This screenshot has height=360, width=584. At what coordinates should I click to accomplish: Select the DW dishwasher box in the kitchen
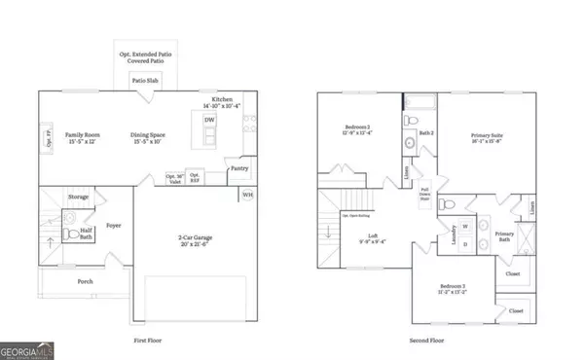209,120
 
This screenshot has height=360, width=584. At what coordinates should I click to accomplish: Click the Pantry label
239,168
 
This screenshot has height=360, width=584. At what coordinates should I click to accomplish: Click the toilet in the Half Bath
68,234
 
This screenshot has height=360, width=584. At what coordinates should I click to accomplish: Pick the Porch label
86,281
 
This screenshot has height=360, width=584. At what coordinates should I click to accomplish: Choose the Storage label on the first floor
78,198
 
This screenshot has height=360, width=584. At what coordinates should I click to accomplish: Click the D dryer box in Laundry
464,243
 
